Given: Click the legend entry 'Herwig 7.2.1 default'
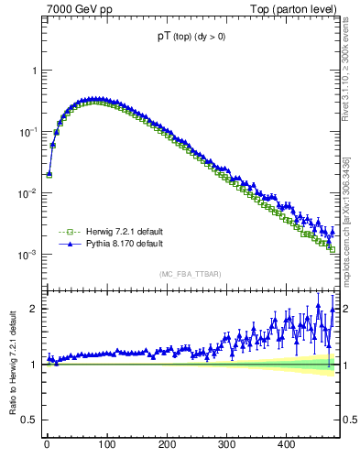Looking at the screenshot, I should tap(117, 232).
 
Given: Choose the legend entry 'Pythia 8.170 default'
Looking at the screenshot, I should tap(117, 245).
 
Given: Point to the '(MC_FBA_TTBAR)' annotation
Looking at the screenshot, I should tap(189, 274).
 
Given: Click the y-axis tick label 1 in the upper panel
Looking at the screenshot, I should tap(33, 71).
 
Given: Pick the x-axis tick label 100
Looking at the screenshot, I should tap(106, 444).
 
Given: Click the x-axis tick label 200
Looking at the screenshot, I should tap(167, 444).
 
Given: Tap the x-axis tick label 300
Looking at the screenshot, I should tap(226, 444).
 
